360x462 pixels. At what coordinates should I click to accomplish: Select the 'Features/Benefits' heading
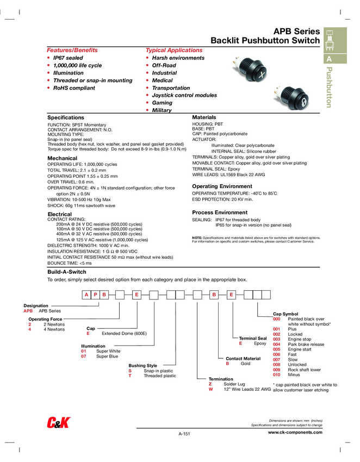pos(72,50)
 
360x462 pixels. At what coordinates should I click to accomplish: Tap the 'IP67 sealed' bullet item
pos(68,58)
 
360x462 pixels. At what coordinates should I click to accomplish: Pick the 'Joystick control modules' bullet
pos(184,95)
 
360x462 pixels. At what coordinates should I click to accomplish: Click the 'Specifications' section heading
pos(66,117)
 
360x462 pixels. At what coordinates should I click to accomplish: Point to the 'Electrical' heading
pos(60,215)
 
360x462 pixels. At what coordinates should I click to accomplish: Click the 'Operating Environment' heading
pos(222,186)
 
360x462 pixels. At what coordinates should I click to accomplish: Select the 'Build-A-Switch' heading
pos(67,272)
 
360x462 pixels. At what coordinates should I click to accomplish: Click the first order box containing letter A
pos(86,295)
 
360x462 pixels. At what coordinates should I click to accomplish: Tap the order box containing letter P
pos(95,295)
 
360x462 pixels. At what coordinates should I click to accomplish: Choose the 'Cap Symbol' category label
pos(285,314)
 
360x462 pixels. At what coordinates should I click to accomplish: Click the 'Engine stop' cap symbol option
pos(299,339)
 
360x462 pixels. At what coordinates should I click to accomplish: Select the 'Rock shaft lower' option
pos(305,370)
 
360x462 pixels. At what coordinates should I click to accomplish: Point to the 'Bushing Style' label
pos(142,366)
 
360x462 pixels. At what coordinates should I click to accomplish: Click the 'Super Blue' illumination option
pos(107,357)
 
